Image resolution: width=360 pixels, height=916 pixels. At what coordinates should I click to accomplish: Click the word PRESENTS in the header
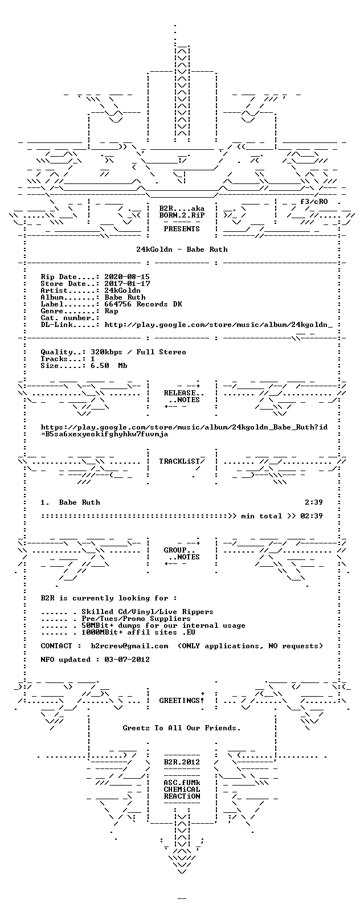pyautogui.click(x=182, y=229)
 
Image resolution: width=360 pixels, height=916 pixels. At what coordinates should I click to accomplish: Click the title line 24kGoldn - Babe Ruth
pyautogui.click(x=182, y=250)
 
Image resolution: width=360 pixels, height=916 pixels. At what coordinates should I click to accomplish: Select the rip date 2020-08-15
pyautogui.click(x=127, y=277)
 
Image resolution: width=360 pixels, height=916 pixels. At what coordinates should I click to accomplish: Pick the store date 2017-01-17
pyautogui.click(x=127, y=284)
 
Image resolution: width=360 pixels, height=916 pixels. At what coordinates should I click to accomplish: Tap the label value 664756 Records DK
pyautogui.click(x=143, y=304)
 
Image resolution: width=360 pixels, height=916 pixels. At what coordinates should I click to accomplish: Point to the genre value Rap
pyautogui.click(x=111, y=311)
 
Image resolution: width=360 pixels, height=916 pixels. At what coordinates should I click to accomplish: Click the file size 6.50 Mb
pyautogui.click(x=109, y=366)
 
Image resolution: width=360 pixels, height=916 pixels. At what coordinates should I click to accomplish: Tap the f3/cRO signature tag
pyautogui.click(x=314, y=202)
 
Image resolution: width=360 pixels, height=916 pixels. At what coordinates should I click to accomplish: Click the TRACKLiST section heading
pyautogui.click(x=179, y=461)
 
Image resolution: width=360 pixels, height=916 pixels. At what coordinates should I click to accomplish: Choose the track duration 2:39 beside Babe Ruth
pyautogui.click(x=314, y=502)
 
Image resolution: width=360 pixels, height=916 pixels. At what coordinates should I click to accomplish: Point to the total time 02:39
pyautogui.click(x=312, y=516)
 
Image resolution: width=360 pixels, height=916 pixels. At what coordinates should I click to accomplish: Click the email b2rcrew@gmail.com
pyautogui.click(x=129, y=645)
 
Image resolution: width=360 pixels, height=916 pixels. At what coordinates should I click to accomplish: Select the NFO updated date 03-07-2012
pyautogui.click(x=127, y=659)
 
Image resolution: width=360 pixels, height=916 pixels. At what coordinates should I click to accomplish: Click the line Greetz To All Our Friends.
pyautogui.click(x=182, y=728)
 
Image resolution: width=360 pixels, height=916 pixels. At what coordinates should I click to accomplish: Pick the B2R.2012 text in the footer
pyautogui.click(x=182, y=762)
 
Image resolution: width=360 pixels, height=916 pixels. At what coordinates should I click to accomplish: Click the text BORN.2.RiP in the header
pyautogui.click(x=182, y=215)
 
